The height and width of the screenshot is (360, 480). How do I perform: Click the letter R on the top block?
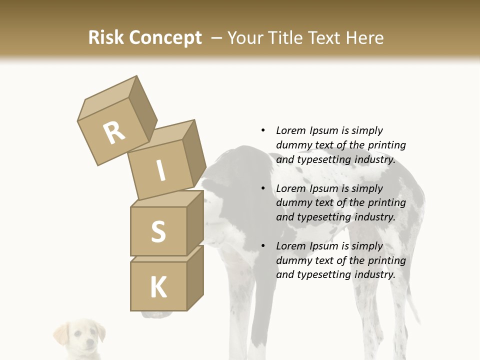[x=114, y=133]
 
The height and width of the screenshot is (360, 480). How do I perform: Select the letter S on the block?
[x=158, y=231]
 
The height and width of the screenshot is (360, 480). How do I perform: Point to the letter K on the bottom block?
[x=158, y=287]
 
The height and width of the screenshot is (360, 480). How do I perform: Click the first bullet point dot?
[x=263, y=130]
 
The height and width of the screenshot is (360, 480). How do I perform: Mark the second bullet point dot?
[x=263, y=188]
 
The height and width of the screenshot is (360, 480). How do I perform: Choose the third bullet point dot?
[x=263, y=246]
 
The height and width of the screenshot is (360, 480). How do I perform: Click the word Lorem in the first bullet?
[x=290, y=130]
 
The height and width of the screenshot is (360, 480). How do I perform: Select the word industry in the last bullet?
[x=374, y=274]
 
